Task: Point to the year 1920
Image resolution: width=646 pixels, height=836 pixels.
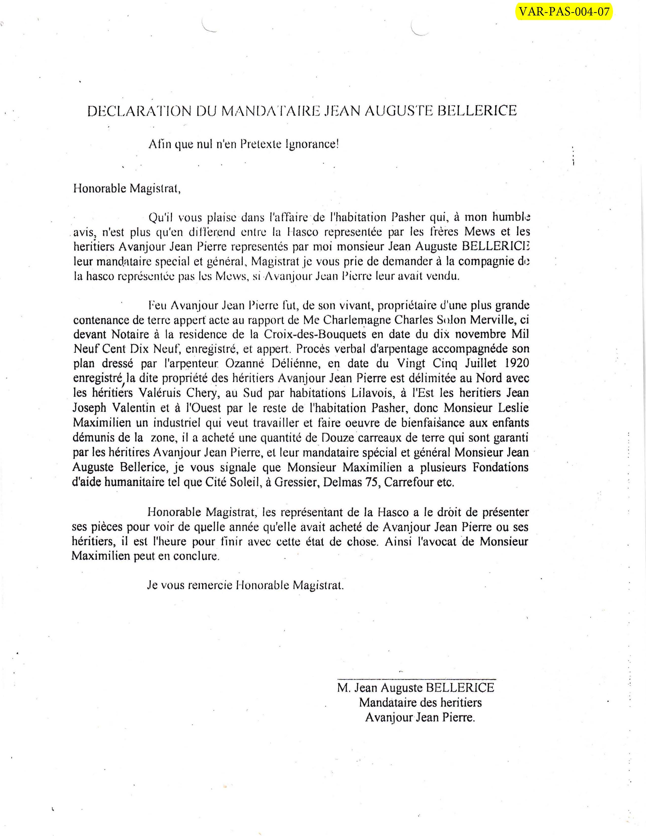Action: (x=517, y=363)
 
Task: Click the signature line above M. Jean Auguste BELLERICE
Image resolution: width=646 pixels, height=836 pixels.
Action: (x=416, y=679)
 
